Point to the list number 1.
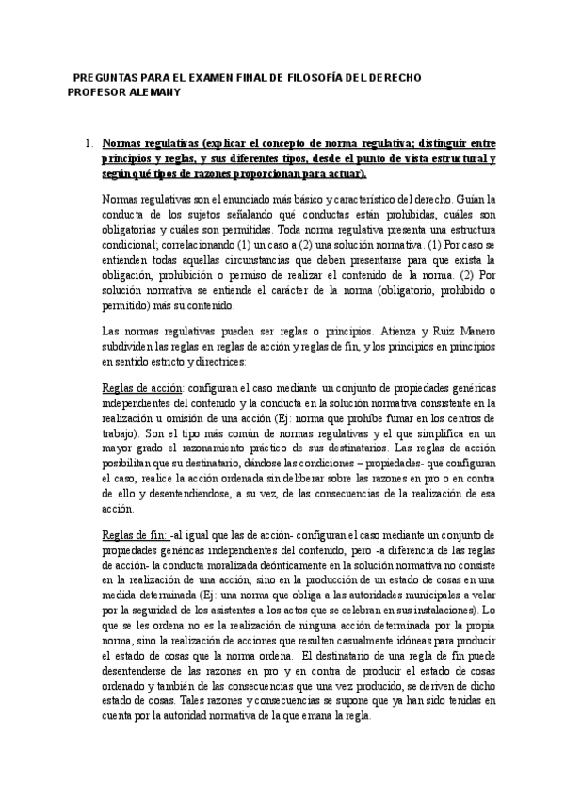(87, 144)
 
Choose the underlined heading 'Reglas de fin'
(133, 534)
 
